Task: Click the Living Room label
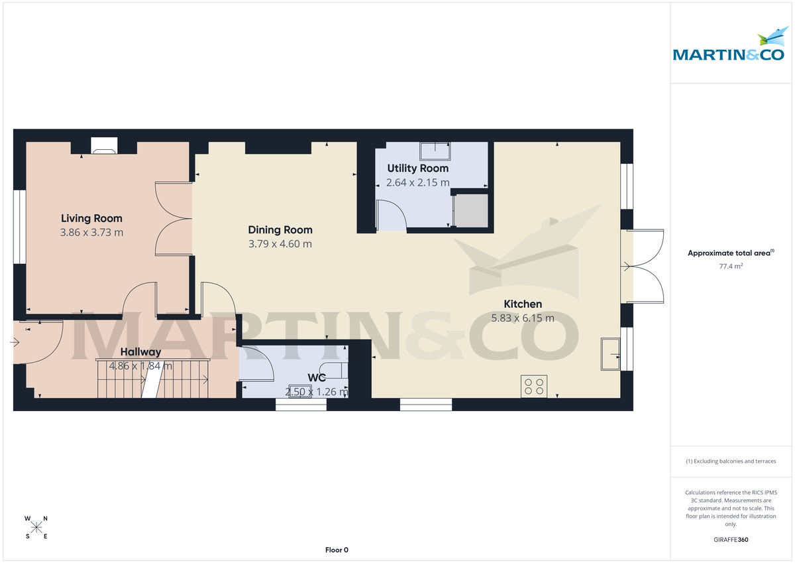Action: (91, 218)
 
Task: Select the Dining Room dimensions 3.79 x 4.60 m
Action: (280, 244)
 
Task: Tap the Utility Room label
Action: (417, 168)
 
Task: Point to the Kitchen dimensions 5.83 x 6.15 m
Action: (522, 318)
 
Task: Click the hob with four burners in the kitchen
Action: (534, 387)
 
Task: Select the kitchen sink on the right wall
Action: (610, 353)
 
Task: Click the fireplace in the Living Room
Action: (103, 145)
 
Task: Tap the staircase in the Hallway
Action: (153, 379)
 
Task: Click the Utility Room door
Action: (391, 216)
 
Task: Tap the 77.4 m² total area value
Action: (731, 267)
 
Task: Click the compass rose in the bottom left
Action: (36, 527)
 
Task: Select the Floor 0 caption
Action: (337, 550)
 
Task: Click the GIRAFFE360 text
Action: (731, 540)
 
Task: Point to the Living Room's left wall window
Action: (20, 223)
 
